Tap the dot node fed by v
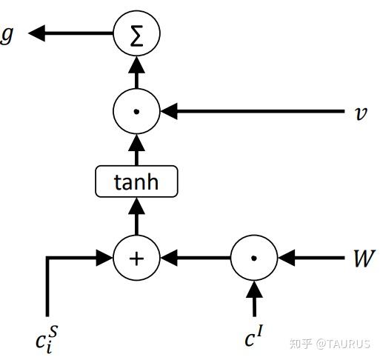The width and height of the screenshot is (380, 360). (x=136, y=113)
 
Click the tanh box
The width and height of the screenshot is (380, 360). (x=137, y=181)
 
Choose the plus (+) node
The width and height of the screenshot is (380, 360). (x=136, y=259)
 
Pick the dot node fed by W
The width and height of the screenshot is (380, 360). (x=253, y=259)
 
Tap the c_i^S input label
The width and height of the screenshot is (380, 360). (x=47, y=340)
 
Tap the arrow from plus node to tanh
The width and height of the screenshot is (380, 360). (x=136, y=218)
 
